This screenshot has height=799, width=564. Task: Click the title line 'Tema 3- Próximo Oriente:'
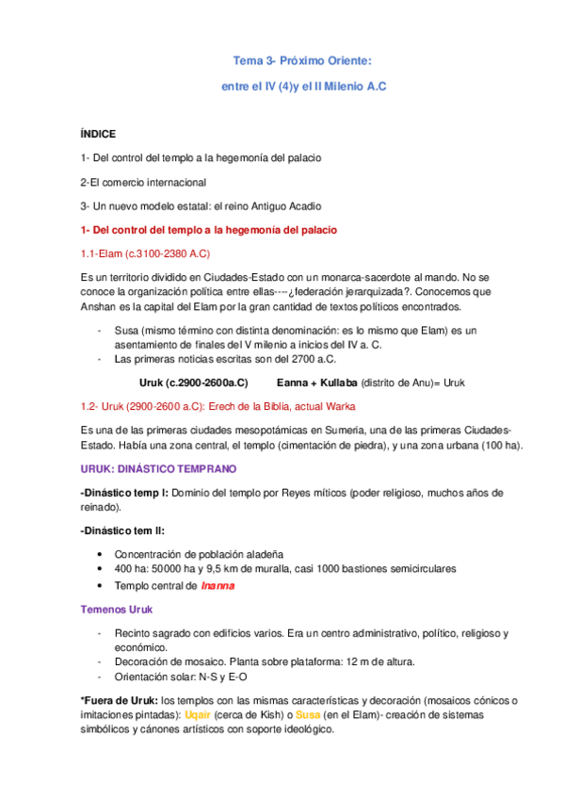(x=302, y=61)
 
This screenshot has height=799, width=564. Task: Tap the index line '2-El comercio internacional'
(x=143, y=182)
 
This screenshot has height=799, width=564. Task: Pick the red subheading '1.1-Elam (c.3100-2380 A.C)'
(x=145, y=253)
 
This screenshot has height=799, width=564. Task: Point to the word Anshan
(x=99, y=306)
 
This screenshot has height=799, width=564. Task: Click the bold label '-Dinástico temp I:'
(x=125, y=493)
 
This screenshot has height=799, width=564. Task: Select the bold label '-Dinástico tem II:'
(x=123, y=530)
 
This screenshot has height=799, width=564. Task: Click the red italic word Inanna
(x=218, y=585)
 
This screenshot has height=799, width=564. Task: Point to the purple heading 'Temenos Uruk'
(x=116, y=609)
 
